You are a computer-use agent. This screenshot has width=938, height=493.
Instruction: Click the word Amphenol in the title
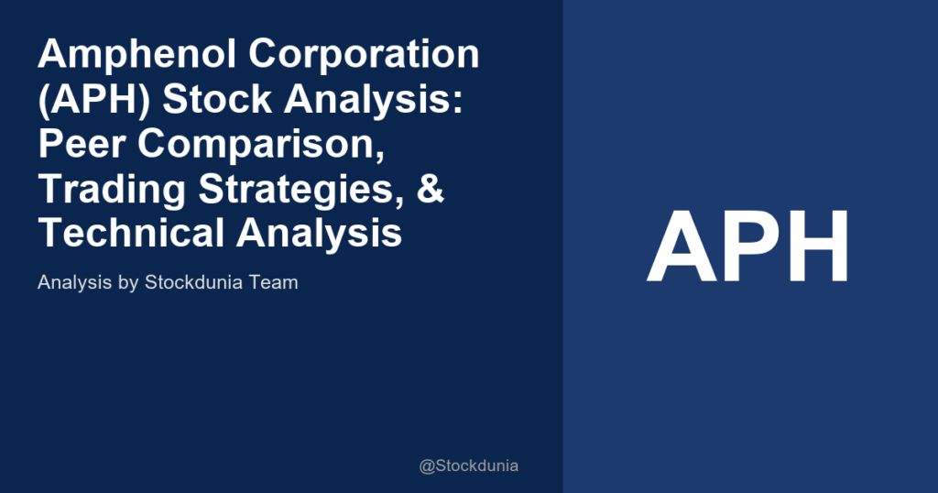pos(136,55)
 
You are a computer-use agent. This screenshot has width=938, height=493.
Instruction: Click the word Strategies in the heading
pos(300,189)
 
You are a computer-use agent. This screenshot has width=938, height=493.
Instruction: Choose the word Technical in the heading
pos(132,233)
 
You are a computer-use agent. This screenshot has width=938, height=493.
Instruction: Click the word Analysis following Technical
pos(321,233)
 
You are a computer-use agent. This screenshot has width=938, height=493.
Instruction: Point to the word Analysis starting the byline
pos(75,282)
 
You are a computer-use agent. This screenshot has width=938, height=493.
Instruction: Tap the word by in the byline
pos(127,282)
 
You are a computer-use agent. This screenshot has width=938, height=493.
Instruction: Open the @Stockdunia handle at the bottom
pos(468,466)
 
